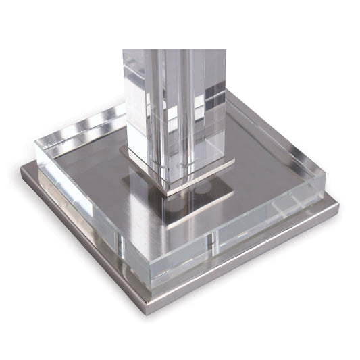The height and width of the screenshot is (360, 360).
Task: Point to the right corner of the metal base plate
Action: click(337, 205)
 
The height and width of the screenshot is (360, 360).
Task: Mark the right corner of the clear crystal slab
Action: click(325, 177)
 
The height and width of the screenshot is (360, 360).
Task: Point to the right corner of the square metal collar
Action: click(234, 163)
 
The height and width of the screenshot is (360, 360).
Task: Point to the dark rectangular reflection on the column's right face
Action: click(216, 101)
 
